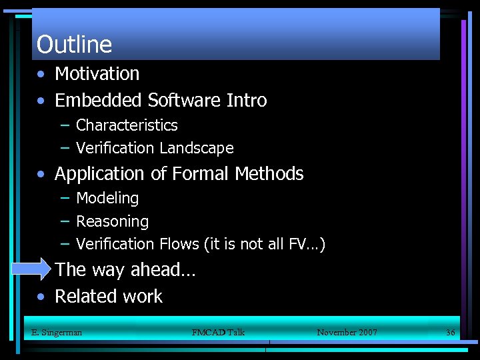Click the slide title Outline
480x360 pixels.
74,45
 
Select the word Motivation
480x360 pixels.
97,73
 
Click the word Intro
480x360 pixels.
247,101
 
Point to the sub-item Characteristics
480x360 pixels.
127,125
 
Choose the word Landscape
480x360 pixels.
201,148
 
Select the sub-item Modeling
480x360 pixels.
107,199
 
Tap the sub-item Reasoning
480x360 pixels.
112,221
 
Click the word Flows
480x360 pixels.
177,244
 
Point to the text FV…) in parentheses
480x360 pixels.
307,244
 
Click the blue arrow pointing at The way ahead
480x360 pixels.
31,270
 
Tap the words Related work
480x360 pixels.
109,297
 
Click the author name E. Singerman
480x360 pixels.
57,332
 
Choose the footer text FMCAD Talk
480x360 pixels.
218,332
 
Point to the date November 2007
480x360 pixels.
347,332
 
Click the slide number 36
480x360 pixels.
450,332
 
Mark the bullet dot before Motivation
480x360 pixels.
41,75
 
